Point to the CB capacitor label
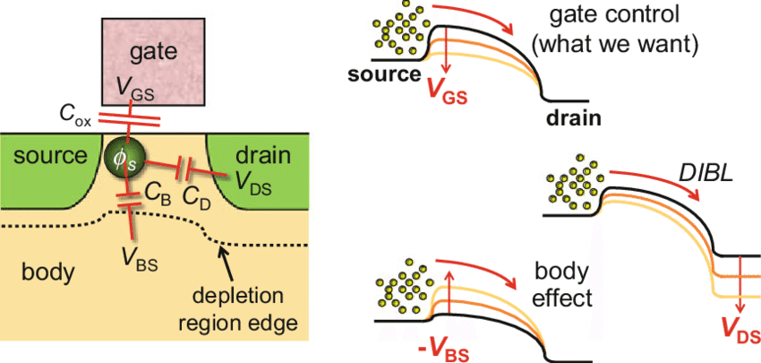(158, 194)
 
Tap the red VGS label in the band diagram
(445, 87)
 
